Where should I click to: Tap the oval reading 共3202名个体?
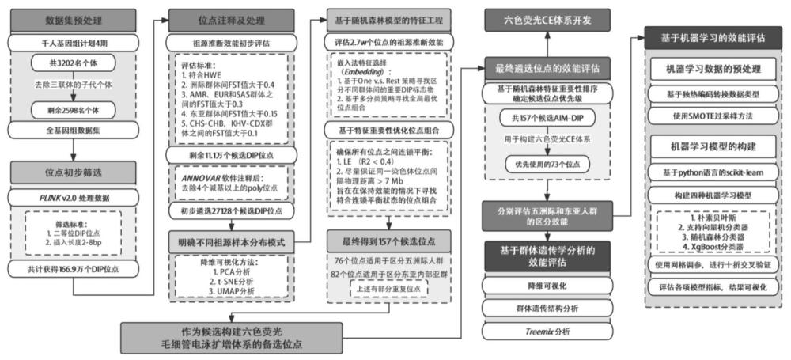coord(72,63)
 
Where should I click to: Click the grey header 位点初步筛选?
coord(72,171)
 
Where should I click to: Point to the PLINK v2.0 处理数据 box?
coord(72,194)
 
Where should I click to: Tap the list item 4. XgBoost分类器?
coord(712,244)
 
